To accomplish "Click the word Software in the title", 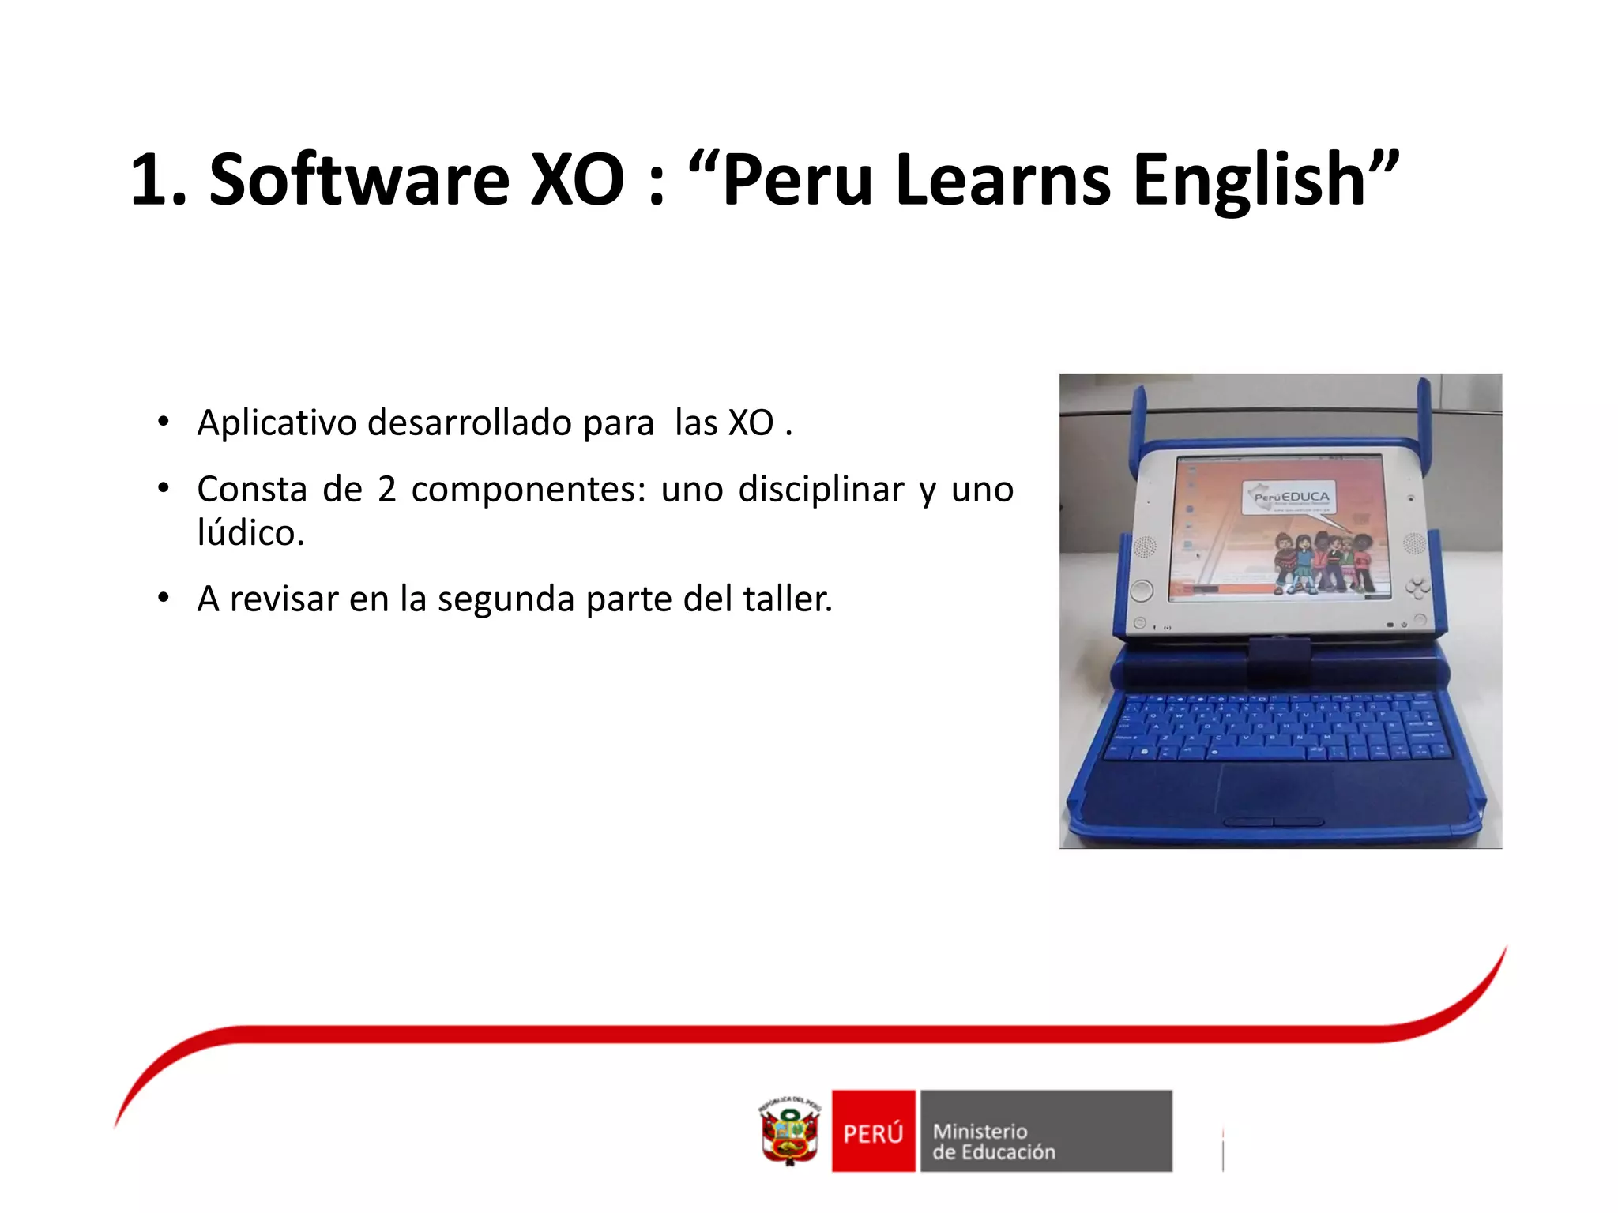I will tap(359, 180).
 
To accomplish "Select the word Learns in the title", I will tap(1003, 180).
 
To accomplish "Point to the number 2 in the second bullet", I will tap(386, 490).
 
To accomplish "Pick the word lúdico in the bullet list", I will tap(250, 533).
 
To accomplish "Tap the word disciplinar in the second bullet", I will tap(821, 490).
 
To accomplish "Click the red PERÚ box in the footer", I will tap(873, 1131).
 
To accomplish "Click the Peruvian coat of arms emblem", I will tap(789, 1131).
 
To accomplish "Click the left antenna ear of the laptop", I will tap(1138, 426).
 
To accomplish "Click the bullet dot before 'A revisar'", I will tap(163, 599).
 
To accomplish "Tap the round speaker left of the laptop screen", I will tap(1144, 545).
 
